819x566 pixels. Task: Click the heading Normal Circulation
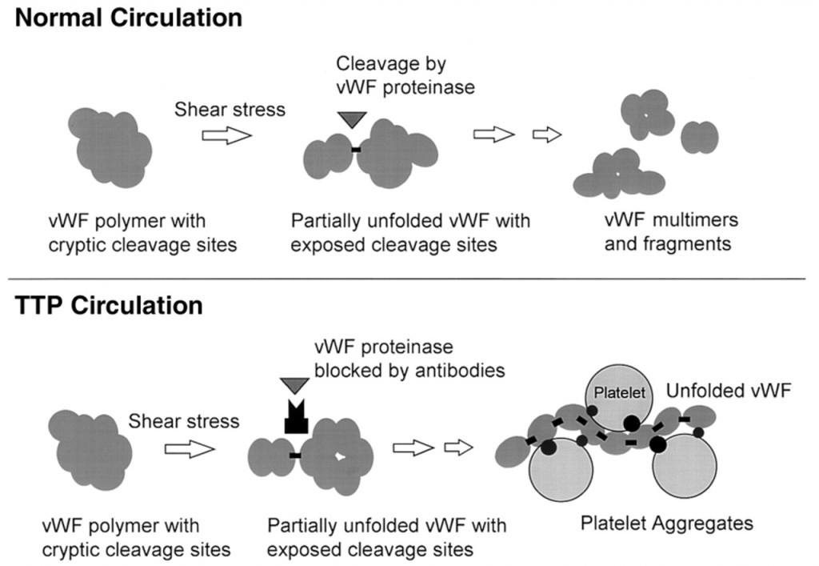[129, 18]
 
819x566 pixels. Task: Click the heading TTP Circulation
[109, 305]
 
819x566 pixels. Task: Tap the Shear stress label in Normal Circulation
[230, 109]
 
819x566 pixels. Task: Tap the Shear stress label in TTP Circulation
[184, 421]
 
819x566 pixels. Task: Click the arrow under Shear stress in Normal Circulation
[227, 136]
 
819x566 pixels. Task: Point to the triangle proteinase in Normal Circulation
[352, 119]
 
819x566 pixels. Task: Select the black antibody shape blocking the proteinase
[297, 416]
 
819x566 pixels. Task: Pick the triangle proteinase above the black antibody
[295, 386]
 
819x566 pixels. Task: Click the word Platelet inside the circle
[620, 392]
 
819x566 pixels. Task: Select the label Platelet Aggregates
[667, 523]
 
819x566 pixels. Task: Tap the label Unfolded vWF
[729, 391]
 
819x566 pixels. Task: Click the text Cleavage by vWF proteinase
[406, 75]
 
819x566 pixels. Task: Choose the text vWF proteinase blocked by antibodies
[409, 359]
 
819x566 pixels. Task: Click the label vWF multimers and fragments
[671, 231]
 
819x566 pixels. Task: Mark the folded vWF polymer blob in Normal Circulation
[110, 148]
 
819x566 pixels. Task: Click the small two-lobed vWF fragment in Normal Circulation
[700, 137]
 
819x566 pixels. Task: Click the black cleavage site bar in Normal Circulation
[356, 150]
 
